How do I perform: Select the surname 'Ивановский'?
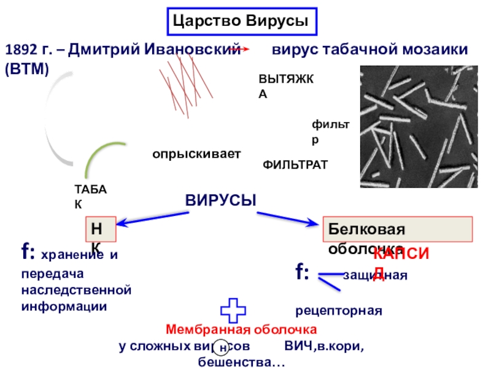pos(191,49)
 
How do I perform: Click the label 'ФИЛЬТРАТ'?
pos(295,165)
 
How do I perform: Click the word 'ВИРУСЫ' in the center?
pos(220,201)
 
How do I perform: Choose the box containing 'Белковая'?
pos(398,229)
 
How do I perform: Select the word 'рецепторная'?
pos(339,311)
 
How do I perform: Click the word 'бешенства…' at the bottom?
pos(237,362)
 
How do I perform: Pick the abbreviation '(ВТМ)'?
pos(27,69)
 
